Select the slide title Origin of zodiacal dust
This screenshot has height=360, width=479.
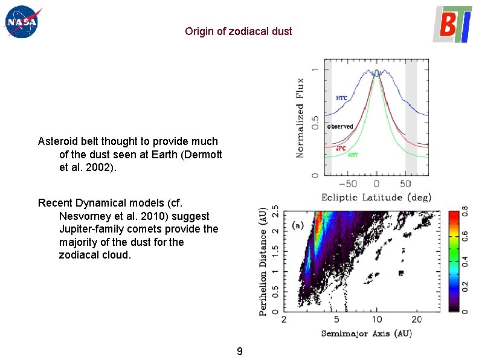coord(239,31)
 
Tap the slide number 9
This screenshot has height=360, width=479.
coord(240,352)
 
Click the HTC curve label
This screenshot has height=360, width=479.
coord(342,98)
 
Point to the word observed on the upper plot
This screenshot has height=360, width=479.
coord(340,127)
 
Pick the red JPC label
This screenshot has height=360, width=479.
coord(341,147)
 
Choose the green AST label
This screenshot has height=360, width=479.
coord(353,155)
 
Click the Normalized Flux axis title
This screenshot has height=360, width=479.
coord(300,118)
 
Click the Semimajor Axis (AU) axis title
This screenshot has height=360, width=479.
coord(366,333)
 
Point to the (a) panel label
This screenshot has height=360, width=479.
coord(298,225)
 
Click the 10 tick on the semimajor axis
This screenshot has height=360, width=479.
coord(376,319)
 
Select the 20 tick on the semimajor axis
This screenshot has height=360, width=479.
coord(417,319)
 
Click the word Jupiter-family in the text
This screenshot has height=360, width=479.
coord(91,229)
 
